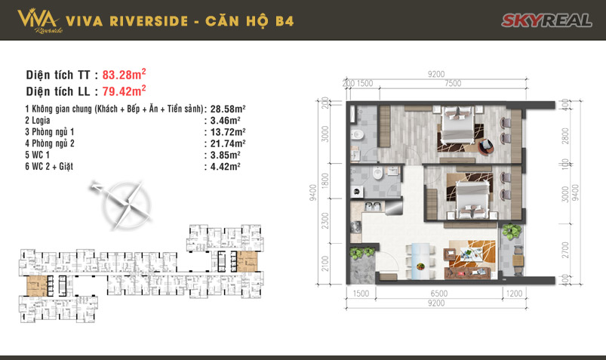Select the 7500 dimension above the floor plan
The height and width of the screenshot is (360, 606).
(454, 84)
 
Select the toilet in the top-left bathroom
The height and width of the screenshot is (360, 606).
(361, 136)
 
